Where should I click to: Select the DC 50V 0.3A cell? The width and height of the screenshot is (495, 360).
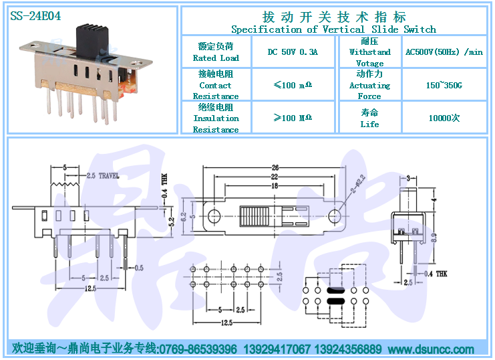(293, 52)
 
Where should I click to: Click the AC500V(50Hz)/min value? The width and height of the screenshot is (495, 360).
(444, 52)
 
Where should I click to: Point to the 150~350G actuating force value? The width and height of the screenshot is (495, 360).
(444, 86)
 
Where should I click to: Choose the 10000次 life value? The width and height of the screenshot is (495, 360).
(444, 118)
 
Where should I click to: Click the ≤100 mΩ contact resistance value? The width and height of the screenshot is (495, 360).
(293, 86)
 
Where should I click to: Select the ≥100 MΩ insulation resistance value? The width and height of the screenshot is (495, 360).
(293, 118)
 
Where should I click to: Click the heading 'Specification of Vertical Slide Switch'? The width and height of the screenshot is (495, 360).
(333, 29)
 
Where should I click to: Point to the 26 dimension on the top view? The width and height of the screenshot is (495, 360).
(275, 167)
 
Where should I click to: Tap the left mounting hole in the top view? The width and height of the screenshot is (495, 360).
(214, 216)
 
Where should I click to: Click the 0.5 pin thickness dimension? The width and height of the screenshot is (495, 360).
(138, 268)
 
